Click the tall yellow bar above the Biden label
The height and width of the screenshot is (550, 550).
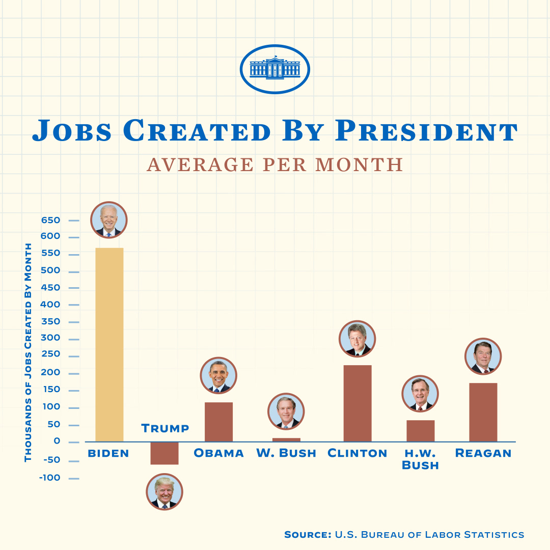click(x=109, y=344)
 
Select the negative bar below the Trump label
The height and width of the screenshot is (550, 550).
click(x=164, y=453)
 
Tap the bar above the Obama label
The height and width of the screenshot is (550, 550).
click(x=218, y=422)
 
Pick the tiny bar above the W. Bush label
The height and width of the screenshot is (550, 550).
click(x=286, y=439)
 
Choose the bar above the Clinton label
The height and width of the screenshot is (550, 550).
click(x=358, y=403)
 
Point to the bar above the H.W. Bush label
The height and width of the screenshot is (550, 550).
click(x=421, y=431)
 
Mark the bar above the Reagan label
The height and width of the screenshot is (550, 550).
click(x=483, y=412)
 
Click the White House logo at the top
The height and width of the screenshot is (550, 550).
click(x=275, y=69)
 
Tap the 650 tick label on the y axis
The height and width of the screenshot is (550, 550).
click(x=50, y=221)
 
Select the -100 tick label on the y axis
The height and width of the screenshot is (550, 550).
click(x=50, y=478)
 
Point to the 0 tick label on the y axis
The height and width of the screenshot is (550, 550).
click(x=57, y=441)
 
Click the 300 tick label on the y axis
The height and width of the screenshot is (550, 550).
click(x=50, y=338)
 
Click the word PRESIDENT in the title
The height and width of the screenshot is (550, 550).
click(x=426, y=131)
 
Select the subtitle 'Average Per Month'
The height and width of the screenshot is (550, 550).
click(x=275, y=164)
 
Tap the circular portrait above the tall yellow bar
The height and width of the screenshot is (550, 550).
click(x=109, y=220)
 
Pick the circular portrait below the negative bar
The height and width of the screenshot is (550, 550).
click(x=164, y=492)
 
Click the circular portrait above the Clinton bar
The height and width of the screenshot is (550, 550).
click(x=358, y=339)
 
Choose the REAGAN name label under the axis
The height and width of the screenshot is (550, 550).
click(x=483, y=453)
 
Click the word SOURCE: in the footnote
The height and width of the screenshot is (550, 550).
click(x=308, y=535)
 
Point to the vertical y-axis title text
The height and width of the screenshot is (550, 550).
click(x=28, y=352)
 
